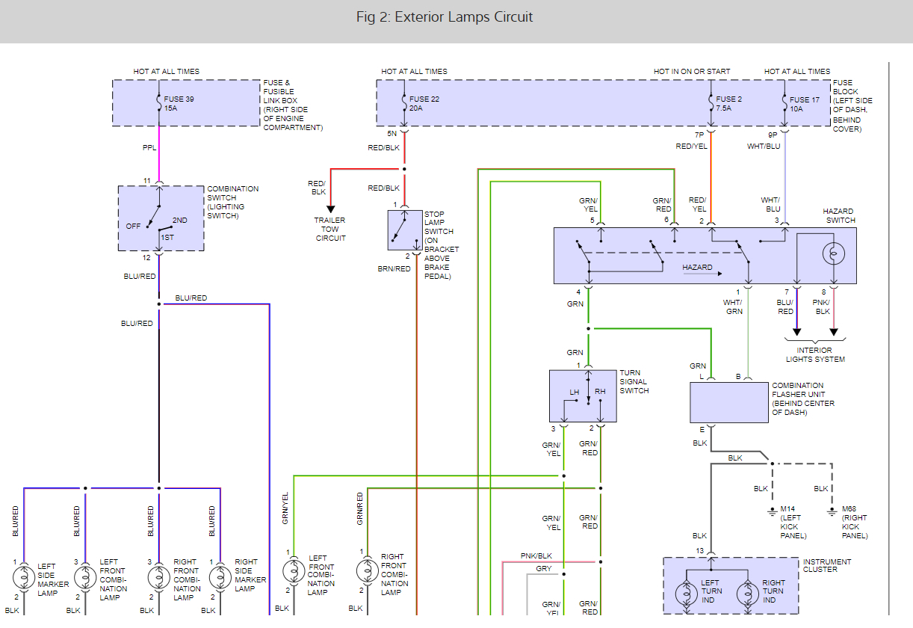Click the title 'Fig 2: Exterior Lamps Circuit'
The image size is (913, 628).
(444, 17)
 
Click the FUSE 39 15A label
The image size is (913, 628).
(179, 103)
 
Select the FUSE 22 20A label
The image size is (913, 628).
(424, 103)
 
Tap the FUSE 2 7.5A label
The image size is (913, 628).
(729, 103)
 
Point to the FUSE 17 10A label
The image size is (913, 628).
(805, 103)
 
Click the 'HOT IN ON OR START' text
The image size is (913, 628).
(692, 72)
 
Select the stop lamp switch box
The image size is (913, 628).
(405, 230)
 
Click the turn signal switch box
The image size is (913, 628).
(583, 395)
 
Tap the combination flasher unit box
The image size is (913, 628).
(728, 402)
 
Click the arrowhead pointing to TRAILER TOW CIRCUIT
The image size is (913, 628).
(330, 209)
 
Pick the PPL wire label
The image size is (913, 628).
(149, 148)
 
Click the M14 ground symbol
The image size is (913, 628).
(772, 512)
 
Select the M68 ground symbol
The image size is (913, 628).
(832, 512)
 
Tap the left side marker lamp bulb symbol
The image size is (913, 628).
(24, 577)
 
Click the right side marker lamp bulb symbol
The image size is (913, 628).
(220, 577)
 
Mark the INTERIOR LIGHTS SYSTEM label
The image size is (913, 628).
(815, 354)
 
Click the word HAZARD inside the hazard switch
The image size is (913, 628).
(697, 268)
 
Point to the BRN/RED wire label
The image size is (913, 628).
(394, 268)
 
